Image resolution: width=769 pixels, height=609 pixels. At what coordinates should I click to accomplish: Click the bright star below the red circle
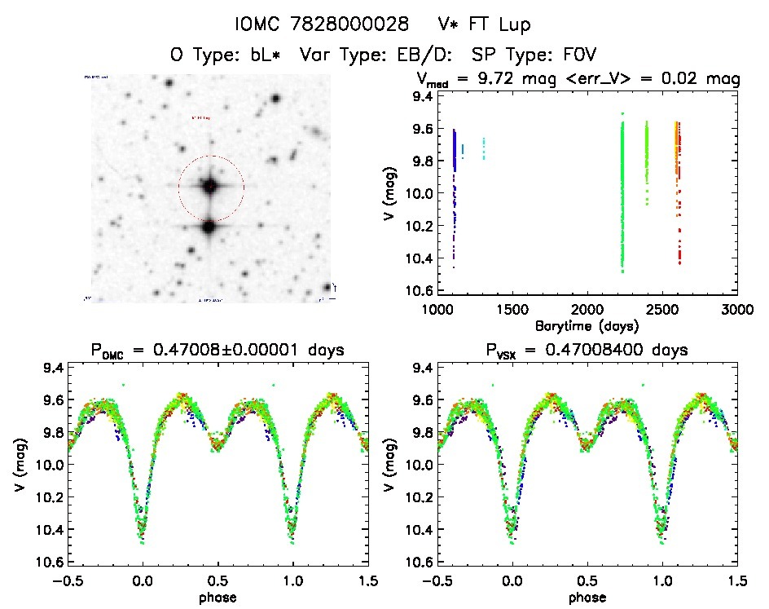pyautogui.click(x=209, y=227)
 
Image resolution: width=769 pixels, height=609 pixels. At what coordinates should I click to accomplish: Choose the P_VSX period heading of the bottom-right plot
pyautogui.click(x=587, y=351)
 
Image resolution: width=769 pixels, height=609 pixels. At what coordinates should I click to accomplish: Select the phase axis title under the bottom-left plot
pyautogui.click(x=218, y=596)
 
